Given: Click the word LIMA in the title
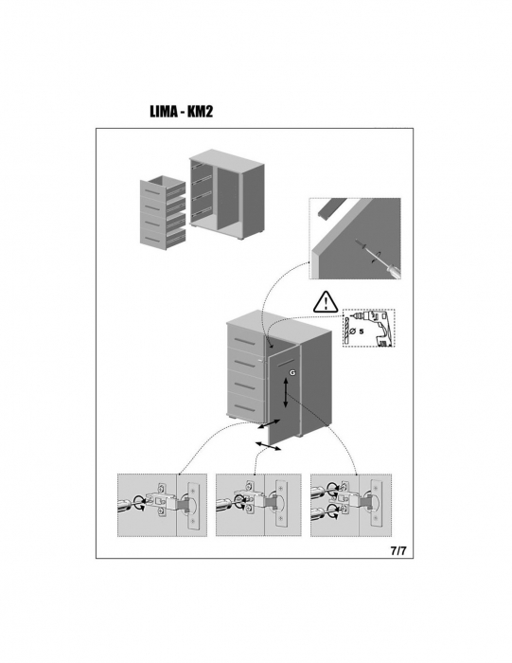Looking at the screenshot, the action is (x=164, y=111).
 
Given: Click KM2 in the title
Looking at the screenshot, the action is (x=200, y=111).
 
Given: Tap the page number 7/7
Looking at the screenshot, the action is (x=398, y=551).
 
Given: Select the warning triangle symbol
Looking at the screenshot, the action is (x=326, y=301).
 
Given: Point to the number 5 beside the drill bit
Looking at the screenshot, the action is (x=362, y=331).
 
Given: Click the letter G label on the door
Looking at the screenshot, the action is (x=292, y=372).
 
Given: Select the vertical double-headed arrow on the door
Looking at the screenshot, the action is (x=286, y=393).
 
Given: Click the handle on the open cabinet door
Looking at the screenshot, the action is (x=287, y=362).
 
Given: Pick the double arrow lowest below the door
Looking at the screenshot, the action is (x=268, y=446).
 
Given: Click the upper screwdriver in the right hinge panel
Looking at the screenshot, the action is (x=321, y=490).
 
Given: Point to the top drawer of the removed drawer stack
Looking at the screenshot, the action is (x=163, y=189).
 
